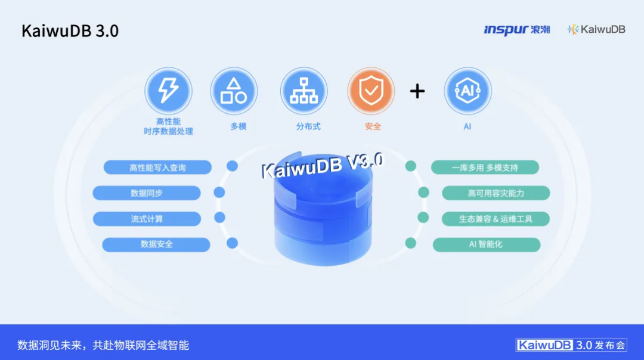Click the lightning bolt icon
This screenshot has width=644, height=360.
tap(168, 91)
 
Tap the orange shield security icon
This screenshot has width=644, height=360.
tap(371, 91)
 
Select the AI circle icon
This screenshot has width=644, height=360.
tap(467, 91)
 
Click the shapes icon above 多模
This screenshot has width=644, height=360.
tap(234, 91)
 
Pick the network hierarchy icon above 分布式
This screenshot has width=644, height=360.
tap(304, 91)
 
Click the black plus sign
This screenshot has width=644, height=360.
tap(417, 91)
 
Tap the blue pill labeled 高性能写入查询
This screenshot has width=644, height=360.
tap(157, 167)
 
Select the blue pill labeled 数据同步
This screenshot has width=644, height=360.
tap(147, 193)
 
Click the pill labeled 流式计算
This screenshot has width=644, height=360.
tap(147, 219)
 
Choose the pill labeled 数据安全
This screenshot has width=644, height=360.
tap(156, 244)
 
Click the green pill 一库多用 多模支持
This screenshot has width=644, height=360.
tap(485, 167)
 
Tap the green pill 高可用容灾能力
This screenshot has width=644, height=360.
tap(496, 193)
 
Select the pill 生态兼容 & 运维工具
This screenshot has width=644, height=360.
tap(496, 219)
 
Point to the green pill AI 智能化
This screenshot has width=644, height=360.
tap(486, 244)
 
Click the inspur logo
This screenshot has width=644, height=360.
tap(516, 29)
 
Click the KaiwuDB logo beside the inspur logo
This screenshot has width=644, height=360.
tap(596, 29)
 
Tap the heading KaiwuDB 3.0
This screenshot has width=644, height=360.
tap(70, 31)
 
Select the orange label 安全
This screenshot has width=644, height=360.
tap(373, 126)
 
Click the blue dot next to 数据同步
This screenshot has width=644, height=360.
tap(219, 193)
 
